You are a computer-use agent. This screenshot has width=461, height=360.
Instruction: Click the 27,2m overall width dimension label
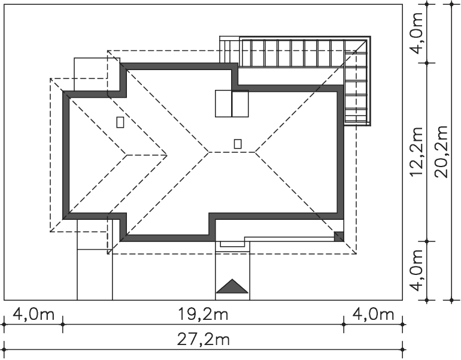pyautogui.click(x=204, y=340)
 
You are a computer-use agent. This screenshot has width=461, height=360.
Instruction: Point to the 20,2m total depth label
pyautogui.click(x=442, y=152)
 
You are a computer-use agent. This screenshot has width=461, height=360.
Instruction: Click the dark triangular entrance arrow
pyautogui.click(x=232, y=287)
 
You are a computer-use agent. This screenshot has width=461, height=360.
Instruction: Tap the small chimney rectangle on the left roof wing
pyautogui.click(x=120, y=122)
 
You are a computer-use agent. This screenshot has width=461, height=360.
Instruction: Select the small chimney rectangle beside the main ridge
pyautogui.click(x=238, y=143)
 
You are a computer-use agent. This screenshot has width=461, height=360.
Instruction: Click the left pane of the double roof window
pyautogui.click(x=223, y=104)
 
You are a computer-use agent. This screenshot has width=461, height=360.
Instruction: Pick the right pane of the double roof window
pyautogui.click(x=240, y=104)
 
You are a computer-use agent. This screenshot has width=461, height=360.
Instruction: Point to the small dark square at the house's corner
pyautogui.click(x=338, y=235)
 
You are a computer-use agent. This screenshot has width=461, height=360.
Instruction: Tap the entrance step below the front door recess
pyautogui.click(x=232, y=243)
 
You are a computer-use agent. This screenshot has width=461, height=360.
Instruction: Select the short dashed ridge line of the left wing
pyautogui.click(x=147, y=155)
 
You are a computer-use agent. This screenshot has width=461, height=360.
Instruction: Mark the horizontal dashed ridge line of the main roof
pyautogui.click(x=232, y=152)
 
